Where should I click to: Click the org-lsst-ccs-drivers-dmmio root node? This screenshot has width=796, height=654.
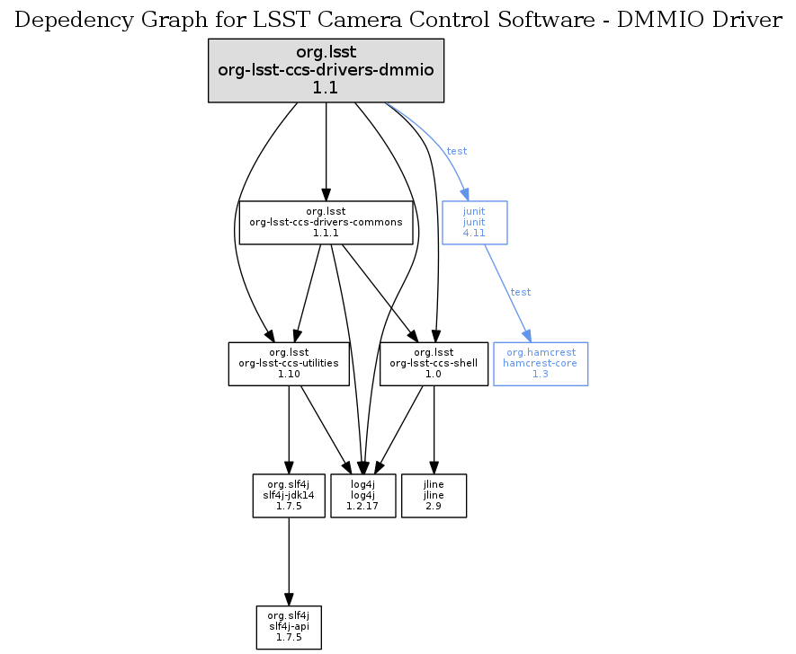326,70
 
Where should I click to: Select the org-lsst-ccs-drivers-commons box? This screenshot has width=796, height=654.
326,222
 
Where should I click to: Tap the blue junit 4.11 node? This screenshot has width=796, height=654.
474,222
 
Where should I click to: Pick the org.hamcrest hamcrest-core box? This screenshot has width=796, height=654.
540,364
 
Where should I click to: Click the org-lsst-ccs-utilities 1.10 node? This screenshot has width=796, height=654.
289,364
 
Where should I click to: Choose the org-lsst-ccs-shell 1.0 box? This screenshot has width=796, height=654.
434,364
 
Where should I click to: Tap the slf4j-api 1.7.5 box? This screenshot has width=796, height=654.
289,627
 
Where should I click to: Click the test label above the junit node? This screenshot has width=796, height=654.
457,151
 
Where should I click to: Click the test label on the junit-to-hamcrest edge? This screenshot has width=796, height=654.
520,292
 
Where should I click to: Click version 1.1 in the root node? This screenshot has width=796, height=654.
326,88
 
